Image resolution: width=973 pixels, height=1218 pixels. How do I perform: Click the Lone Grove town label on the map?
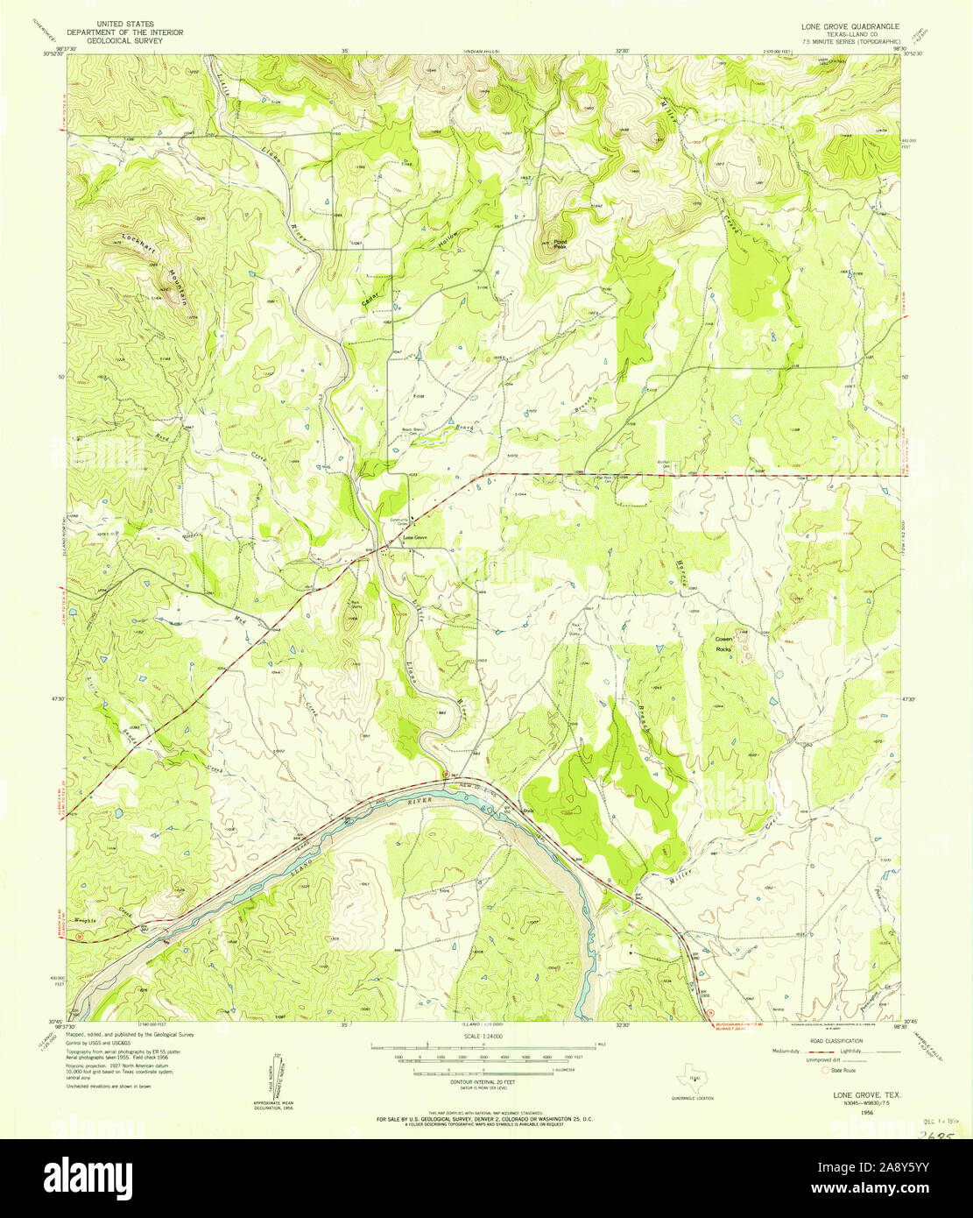tap(414, 537)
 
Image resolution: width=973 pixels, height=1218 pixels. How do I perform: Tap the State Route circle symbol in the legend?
tap(824, 1070)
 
